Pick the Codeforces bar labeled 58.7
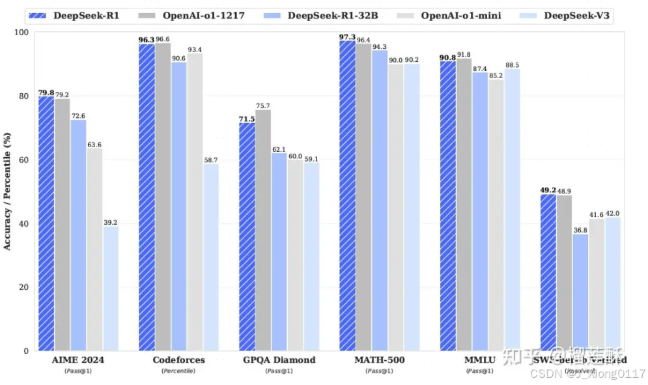pyautogui.click(x=210, y=257)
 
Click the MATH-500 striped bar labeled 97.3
pyautogui.click(x=347, y=195)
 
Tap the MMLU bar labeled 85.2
pyautogui.click(x=496, y=215)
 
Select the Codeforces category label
pyautogui.click(x=178, y=360)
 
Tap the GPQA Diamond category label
pyautogui.click(x=279, y=360)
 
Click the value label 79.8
pyautogui.click(x=46, y=93)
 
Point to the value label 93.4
pyautogui.click(x=195, y=50)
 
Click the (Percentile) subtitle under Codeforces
pyautogui.click(x=178, y=371)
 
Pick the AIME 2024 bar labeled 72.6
pyautogui.click(x=78, y=235)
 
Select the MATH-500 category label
pyautogui.click(x=379, y=360)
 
